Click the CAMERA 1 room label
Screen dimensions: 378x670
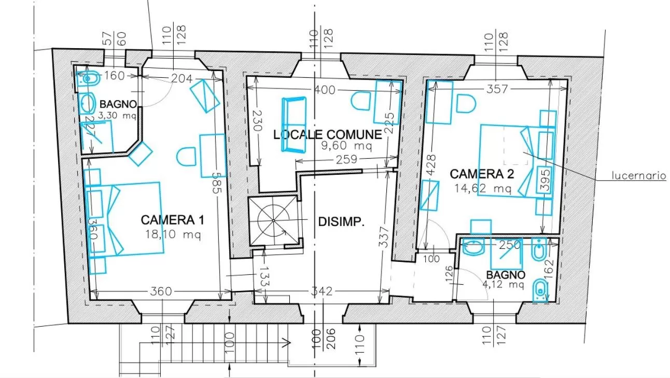(172, 220)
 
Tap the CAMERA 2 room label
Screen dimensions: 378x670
(480, 174)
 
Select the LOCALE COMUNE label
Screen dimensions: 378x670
(328, 135)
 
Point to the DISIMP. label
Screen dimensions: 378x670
(341, 222)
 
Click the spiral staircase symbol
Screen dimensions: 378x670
(273, 220)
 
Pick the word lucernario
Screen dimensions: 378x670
(639, 176)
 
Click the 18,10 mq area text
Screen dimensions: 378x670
(173, 234)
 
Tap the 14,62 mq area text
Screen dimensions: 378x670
(483, 188)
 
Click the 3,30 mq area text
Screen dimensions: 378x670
(118, 116)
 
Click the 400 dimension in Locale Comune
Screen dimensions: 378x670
(325, 90)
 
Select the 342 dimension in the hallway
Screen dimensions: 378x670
(322, 291)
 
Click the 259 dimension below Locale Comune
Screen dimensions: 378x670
(346, 160)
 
